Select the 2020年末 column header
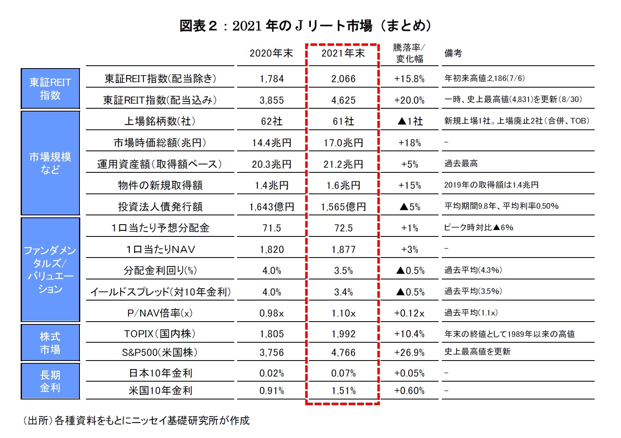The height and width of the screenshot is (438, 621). coord(271,53)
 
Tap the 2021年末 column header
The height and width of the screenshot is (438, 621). coord(343,53)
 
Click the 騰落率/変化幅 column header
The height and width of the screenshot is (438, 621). coord(409,53)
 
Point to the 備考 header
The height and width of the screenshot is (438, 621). coord(453,53)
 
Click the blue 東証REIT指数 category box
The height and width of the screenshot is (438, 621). coord(50,89)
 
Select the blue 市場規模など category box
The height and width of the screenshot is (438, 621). coord(50,163)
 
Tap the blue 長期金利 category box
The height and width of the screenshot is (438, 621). coord(50,381)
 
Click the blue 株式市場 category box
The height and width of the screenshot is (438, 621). coord(50,343)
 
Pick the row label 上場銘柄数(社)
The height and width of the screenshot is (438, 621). coord(160,121)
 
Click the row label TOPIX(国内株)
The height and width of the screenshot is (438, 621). coord(160,334)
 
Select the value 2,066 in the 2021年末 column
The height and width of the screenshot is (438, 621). coord(343,79)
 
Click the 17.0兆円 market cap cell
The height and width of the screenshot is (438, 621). coord(343,143)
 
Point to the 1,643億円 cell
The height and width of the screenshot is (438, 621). coord(272,207)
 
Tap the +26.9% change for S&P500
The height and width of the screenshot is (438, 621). coord(409,352)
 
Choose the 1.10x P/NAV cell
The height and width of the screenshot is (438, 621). coord(343,313)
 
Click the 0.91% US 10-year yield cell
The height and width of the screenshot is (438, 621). coord(272,391)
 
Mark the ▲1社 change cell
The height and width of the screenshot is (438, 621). coord(409,121)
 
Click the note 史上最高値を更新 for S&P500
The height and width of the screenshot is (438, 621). coord(478,352)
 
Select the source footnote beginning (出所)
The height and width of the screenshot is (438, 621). coord(136,421)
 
